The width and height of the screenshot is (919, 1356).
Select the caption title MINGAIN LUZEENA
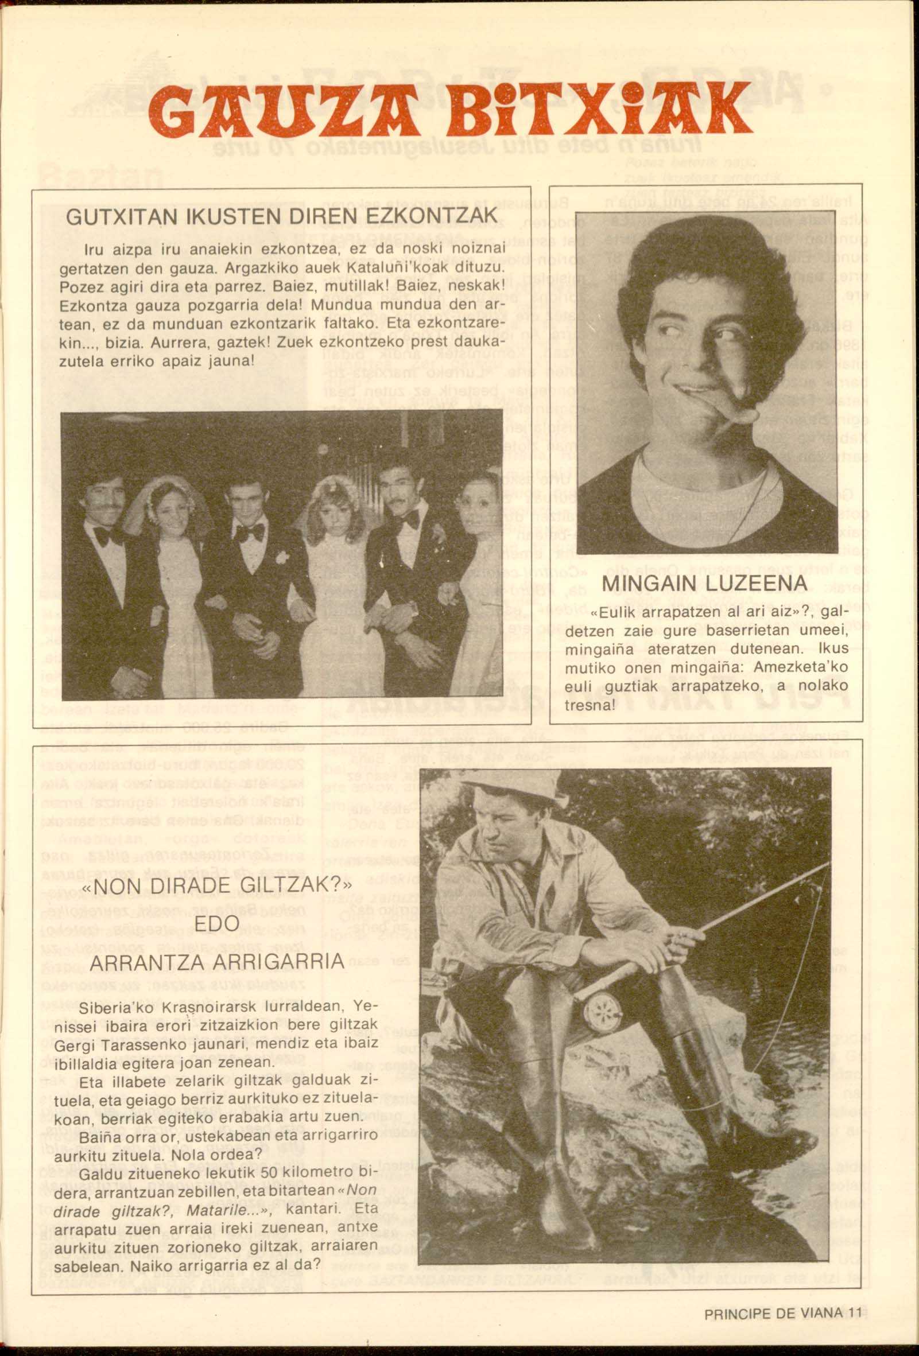704,583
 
